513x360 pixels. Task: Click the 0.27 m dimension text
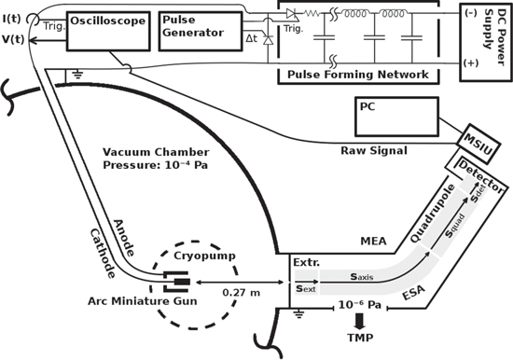[243, 292]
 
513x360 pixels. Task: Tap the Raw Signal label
[374, 149]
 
